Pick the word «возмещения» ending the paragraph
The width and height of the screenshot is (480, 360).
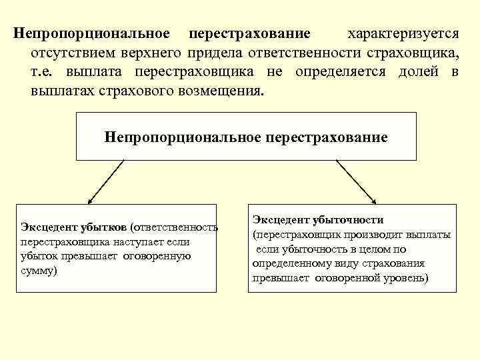coord(225,91)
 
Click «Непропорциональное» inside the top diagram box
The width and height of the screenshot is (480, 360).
coord(183,138)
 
